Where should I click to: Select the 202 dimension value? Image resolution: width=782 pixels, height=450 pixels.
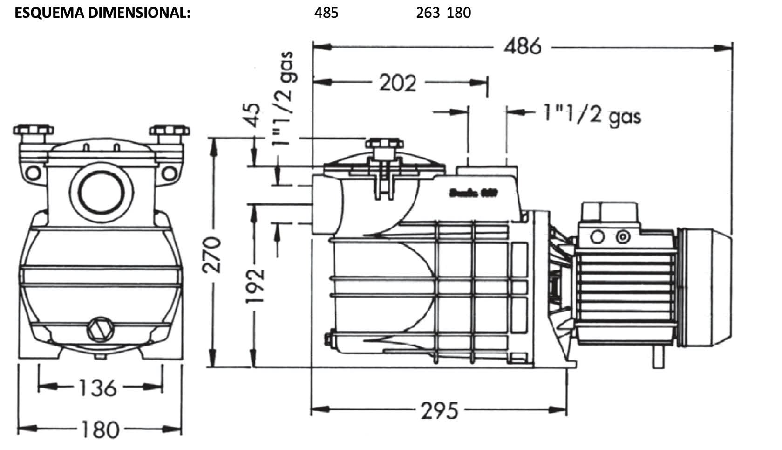tap(397, 83)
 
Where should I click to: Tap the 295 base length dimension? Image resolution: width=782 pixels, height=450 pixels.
tap(439, 411)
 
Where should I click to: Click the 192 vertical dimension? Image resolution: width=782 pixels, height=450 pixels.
tap(255, 286)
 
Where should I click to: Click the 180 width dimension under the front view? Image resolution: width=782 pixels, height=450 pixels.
tap(100, 429)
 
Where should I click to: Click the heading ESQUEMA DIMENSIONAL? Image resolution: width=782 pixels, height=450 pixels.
tap(102, 13)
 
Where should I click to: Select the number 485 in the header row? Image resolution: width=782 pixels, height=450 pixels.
tap(326, 13)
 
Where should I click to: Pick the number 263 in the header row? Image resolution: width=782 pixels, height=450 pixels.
tap(428, 13)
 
